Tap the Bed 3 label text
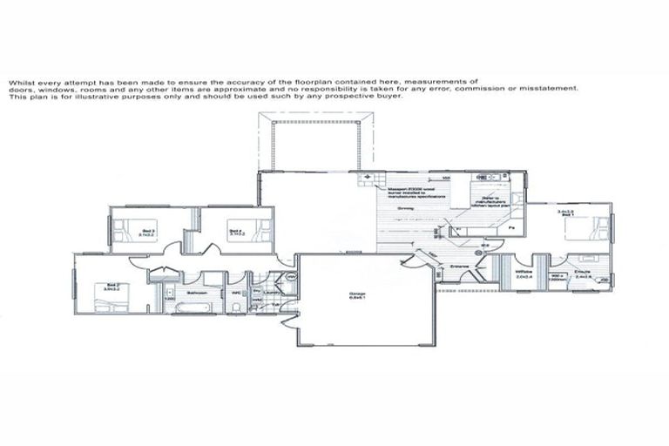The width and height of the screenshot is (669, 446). click(148, 233)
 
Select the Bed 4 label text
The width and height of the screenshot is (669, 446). click(235, 233)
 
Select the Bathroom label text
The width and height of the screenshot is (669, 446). click(195, 294)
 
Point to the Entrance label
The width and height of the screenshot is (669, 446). click(459, 267)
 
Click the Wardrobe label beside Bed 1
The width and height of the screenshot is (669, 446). click(524, 273)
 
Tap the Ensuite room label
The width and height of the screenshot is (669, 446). click(583, 273)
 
